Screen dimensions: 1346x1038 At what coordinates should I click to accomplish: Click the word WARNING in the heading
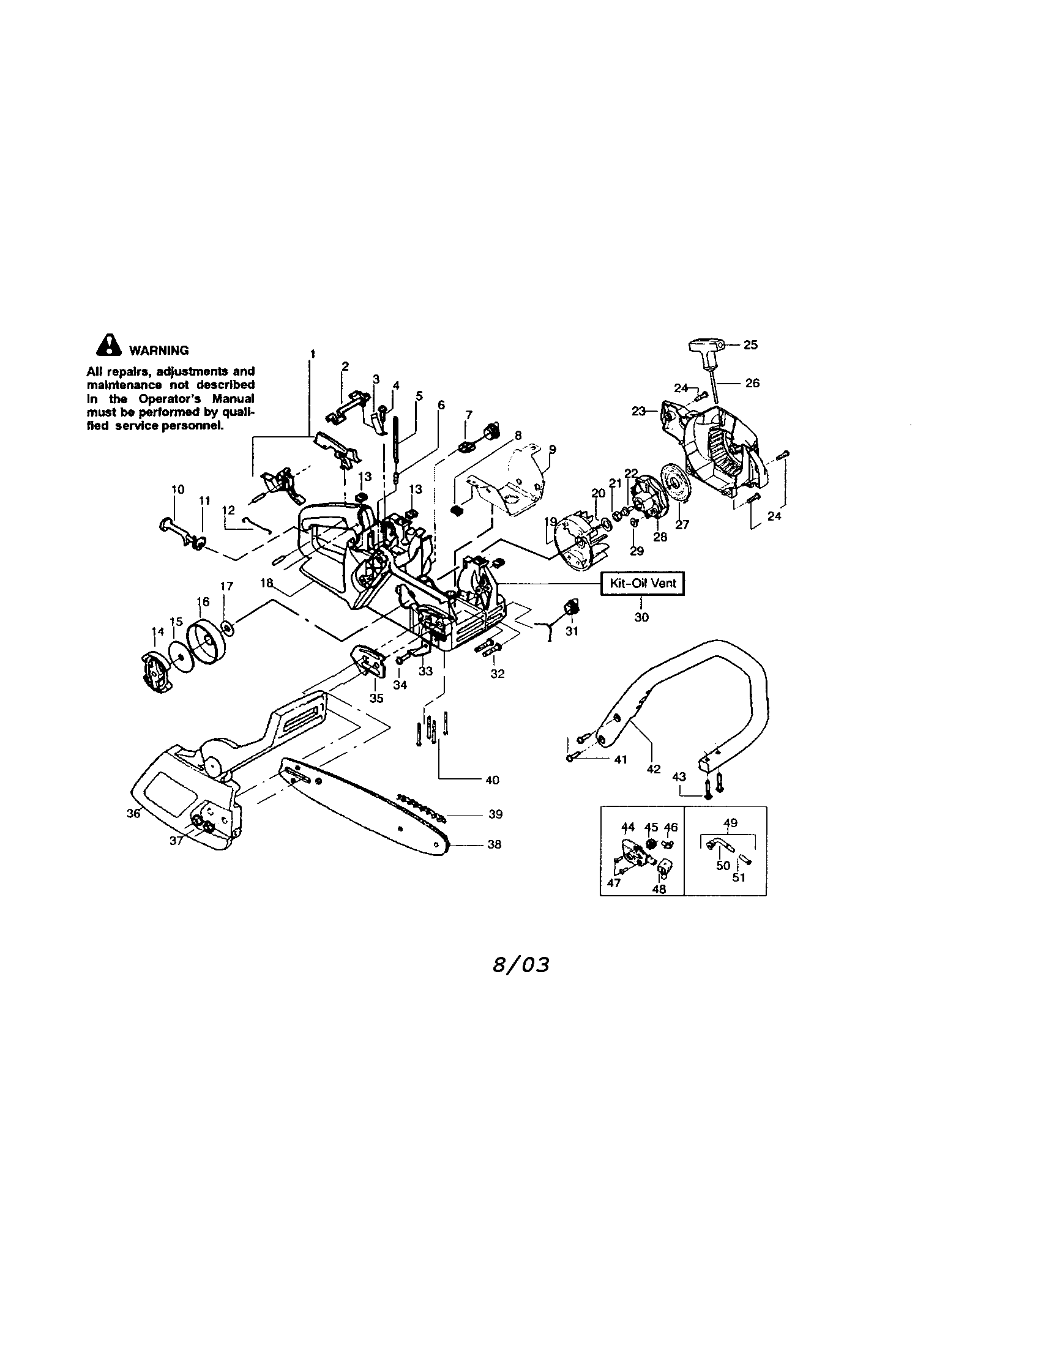point(159,351)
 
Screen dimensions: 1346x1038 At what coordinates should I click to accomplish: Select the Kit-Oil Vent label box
point(642,583)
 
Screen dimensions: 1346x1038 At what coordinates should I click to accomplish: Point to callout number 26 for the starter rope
point(753,383)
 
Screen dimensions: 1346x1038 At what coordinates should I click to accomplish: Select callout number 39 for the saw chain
point(496,814)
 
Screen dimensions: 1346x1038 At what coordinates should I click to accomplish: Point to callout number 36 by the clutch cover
point(133,814)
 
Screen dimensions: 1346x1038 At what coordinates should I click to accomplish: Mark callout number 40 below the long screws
point(492,780)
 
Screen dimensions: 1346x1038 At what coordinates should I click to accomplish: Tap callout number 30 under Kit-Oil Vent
point(641,617)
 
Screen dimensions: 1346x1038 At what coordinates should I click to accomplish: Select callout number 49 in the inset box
point(730,823)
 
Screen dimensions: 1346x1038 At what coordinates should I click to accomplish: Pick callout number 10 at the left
point(177,490)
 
